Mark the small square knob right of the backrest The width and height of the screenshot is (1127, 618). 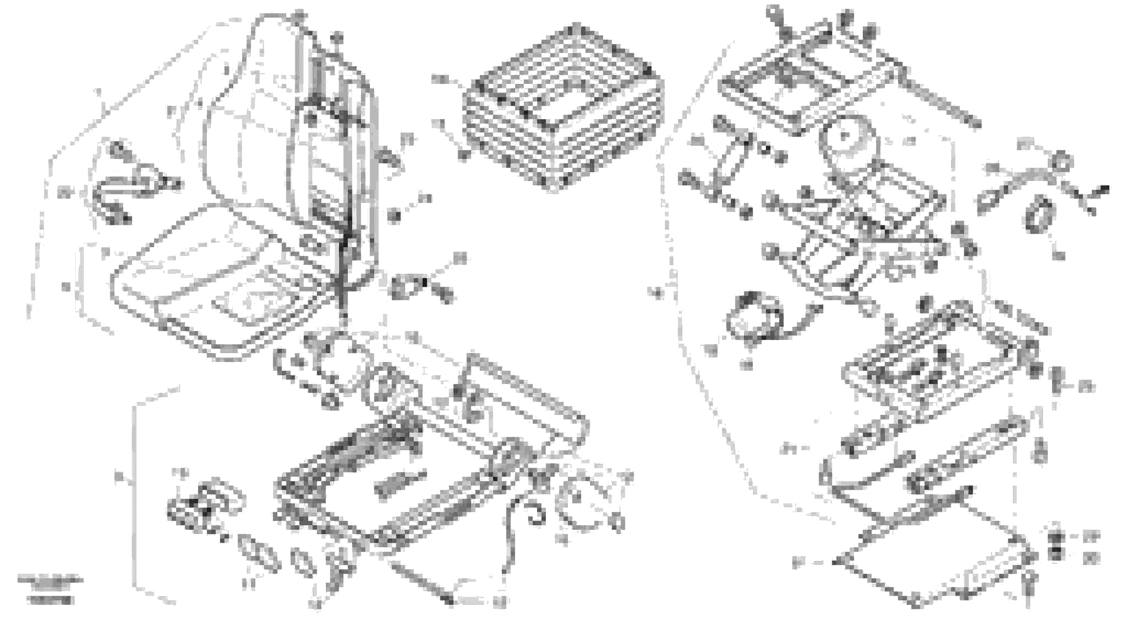394,216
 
